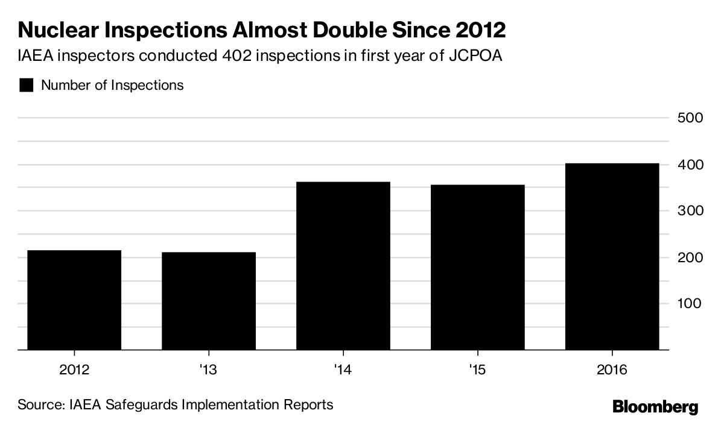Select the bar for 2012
coord(74,300)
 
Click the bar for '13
coord(209,301)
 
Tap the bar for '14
coord(343,265)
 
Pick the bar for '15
coord(478,267)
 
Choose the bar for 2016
coord(612,256)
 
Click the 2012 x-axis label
coord(74,369)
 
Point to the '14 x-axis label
coord(343,369)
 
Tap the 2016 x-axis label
coord(612,369)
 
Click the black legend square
coord(26,85)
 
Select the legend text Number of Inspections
coord(112,85)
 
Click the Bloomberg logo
coord(655,407)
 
